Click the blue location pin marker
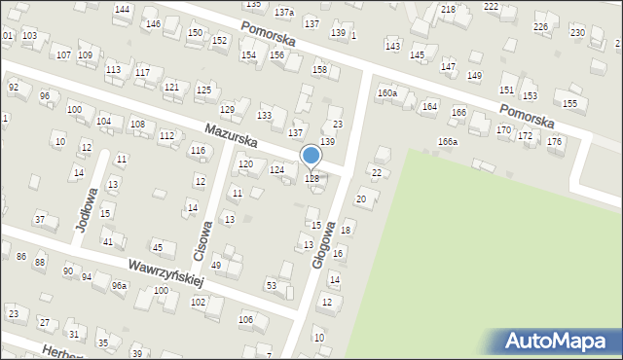click(311, 157)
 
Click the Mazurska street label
click(231, 133)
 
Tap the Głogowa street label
click(323, 243)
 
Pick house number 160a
click(387, 93)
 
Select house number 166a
click(447, 142)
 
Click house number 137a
click(283, 13)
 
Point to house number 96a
click(119, 285)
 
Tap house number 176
click(554, 142)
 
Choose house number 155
click(569, 103)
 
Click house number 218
click(448, 10)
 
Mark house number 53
click(272, 285)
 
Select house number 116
click(198, 150)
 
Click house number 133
click(264, 116)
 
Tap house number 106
click(246, 320)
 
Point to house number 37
click(40, 220)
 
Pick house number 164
click(429, 107)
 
